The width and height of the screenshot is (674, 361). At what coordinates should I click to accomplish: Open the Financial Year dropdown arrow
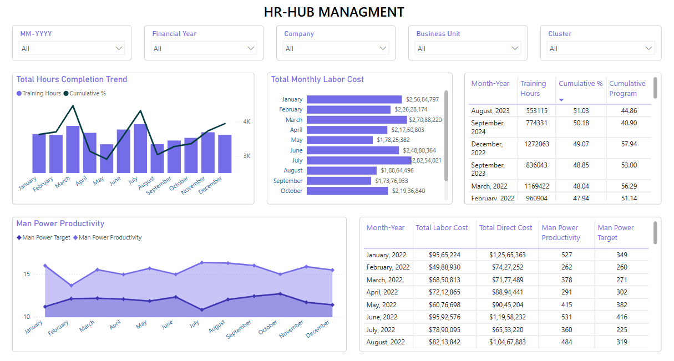point(251,49)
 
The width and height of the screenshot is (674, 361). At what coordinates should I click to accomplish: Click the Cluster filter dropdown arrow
point(649,49)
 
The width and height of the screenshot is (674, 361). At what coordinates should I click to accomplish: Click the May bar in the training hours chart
point(107,159)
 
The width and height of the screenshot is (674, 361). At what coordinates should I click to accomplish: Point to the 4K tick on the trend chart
point(247,121)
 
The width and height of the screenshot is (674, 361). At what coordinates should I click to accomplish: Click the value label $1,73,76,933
point(391,181)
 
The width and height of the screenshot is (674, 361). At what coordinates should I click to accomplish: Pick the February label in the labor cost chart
point(291,110)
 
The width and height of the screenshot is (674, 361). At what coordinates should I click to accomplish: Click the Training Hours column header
point(533,89)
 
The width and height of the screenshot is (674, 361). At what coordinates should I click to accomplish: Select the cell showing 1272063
point(536,144)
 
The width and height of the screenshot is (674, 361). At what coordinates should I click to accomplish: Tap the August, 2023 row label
point(490,111)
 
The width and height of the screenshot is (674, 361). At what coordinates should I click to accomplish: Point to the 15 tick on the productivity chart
point(27,274)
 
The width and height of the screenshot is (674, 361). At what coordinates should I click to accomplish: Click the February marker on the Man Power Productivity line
point(70,286)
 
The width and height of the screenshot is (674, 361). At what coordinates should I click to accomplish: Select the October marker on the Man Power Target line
point(280,294)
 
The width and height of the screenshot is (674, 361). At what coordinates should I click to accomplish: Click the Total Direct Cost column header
point(505,228)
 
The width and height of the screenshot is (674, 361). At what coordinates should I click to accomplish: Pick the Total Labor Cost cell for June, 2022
point(444,317)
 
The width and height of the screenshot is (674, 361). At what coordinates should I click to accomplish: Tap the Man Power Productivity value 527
point(566,255)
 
